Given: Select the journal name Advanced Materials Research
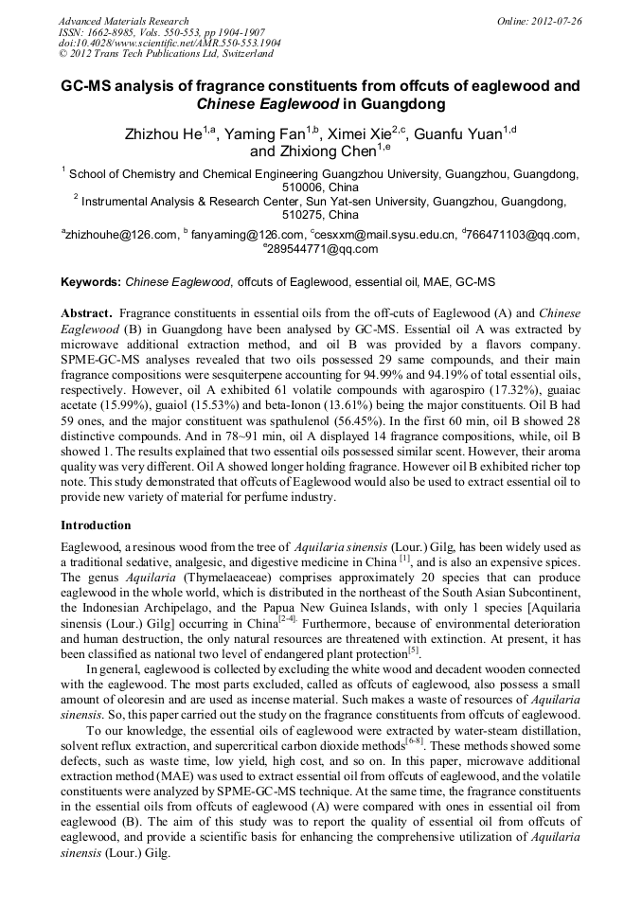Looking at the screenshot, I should click(123, 21).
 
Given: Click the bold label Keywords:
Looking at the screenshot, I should click(91, 282).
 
